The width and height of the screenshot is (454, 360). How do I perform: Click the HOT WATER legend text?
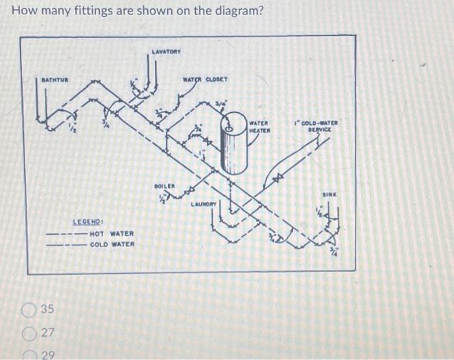tap(112, 234)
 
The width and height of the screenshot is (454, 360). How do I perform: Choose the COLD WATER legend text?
tap(112, 245)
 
